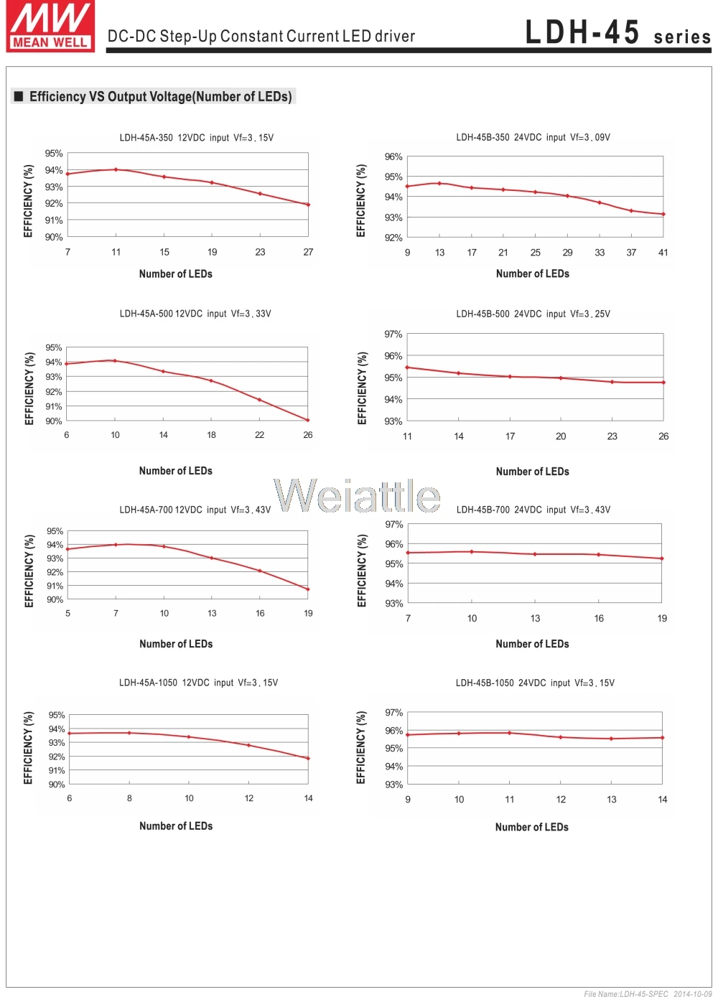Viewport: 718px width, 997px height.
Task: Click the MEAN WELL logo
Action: point(50,27)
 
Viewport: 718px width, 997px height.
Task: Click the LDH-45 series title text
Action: point(617,33)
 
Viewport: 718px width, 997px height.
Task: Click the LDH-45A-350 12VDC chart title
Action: point(196,138)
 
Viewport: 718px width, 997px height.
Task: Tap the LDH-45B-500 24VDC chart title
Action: point(533,314)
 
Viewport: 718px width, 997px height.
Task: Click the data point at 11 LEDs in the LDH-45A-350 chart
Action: point(116,169)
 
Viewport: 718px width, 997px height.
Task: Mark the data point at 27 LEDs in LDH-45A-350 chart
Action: point(308,205)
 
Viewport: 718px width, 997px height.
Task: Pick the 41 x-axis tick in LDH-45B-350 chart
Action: point(663,253)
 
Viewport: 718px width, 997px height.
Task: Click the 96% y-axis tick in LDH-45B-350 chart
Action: point(393,156)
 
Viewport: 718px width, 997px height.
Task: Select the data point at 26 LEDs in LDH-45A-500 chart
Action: point(308,421)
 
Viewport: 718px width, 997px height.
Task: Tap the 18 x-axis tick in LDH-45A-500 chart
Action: point(212,435)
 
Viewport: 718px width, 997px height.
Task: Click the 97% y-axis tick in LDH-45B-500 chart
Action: point(393,334)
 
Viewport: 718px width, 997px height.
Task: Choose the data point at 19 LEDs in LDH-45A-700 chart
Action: point(308,589)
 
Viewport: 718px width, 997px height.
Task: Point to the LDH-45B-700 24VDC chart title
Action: point(533,510)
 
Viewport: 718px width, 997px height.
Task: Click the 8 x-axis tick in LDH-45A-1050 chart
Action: point(129,798)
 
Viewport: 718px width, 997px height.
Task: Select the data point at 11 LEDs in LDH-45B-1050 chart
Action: point(510,733)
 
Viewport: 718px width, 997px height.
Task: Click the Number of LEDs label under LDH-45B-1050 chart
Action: point(532,827)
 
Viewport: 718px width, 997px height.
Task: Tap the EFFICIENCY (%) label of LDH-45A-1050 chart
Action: point(29,748)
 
